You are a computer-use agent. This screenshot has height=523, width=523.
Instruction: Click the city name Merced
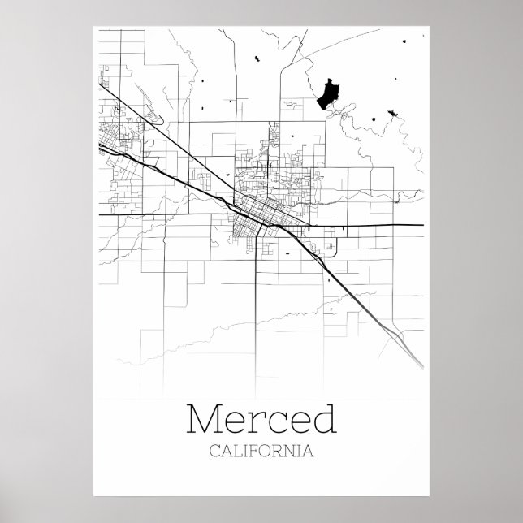(261, 419)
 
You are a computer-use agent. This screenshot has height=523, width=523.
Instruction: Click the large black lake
(327, 93)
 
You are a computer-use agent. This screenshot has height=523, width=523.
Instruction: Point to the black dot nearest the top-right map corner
(404, 41)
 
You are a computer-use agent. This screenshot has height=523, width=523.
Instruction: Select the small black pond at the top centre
(256, 57)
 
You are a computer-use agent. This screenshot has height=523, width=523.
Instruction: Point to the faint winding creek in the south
(244, 333)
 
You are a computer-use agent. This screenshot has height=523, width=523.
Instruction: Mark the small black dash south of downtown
(287, 255)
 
